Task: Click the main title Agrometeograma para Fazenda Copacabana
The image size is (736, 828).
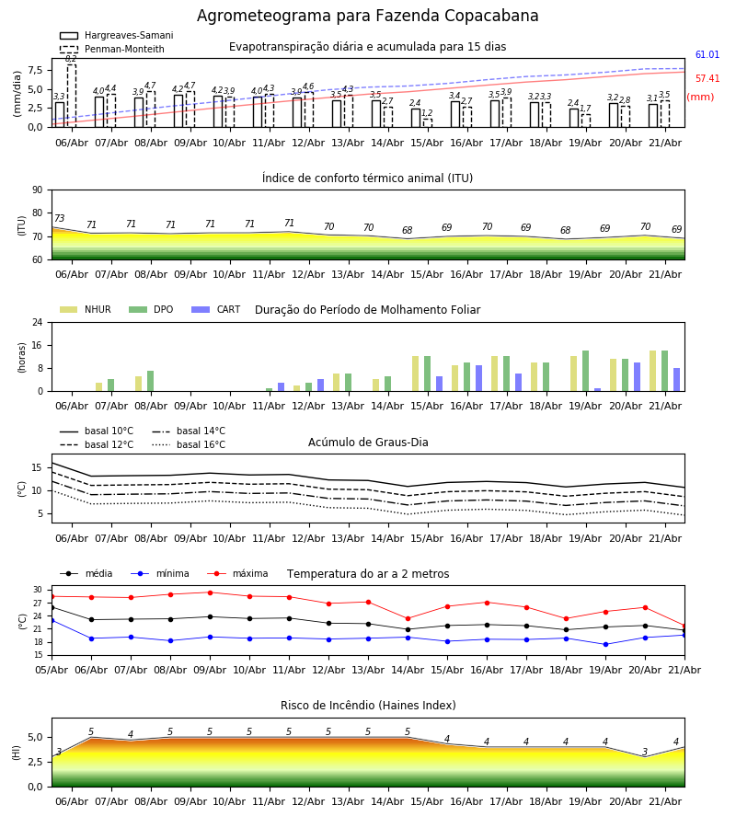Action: [x=367, y=16]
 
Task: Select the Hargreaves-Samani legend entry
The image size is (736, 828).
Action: [x=117, y=35]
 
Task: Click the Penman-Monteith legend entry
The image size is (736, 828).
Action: [x=112, y=49]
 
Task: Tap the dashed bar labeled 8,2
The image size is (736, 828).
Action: [x=72, y=96]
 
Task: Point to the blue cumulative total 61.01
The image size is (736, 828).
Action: [x=707, y=54]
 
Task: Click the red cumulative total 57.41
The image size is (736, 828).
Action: [x=707, y=78]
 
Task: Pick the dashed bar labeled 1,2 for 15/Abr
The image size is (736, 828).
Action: [x=428, y=122]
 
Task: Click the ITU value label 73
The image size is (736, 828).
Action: [x=59, y=218]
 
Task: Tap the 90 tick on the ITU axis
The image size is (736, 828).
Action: [x=38, y=190]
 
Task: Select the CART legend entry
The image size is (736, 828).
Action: [x=216, y=309]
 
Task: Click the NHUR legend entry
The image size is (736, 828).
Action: [x=86, y=309]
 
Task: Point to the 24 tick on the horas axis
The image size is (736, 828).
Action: [x=38, y=322]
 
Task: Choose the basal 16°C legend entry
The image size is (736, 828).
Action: [x=189, y=444]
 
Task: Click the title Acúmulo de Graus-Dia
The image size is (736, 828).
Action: [x=368, y=442]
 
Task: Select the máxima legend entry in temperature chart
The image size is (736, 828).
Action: [x=238, y=573]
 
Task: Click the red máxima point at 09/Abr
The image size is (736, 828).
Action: [x=210, y=592]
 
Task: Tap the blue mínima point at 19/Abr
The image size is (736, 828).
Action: [x=605, y=644]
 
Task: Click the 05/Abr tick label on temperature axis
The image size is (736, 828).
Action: [x=52, y=670]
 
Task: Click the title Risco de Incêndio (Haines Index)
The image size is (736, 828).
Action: [x=368, y=705]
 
